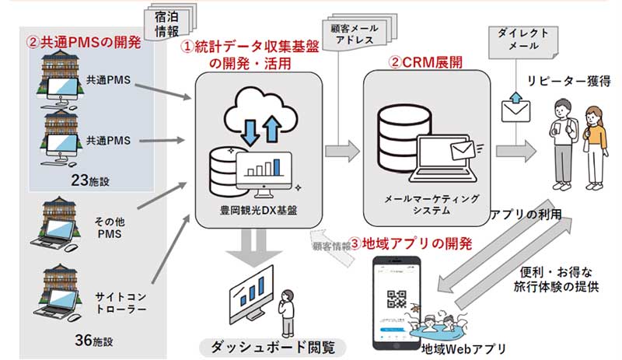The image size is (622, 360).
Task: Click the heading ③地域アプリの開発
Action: pyautogui.click(x=411, y=243)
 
